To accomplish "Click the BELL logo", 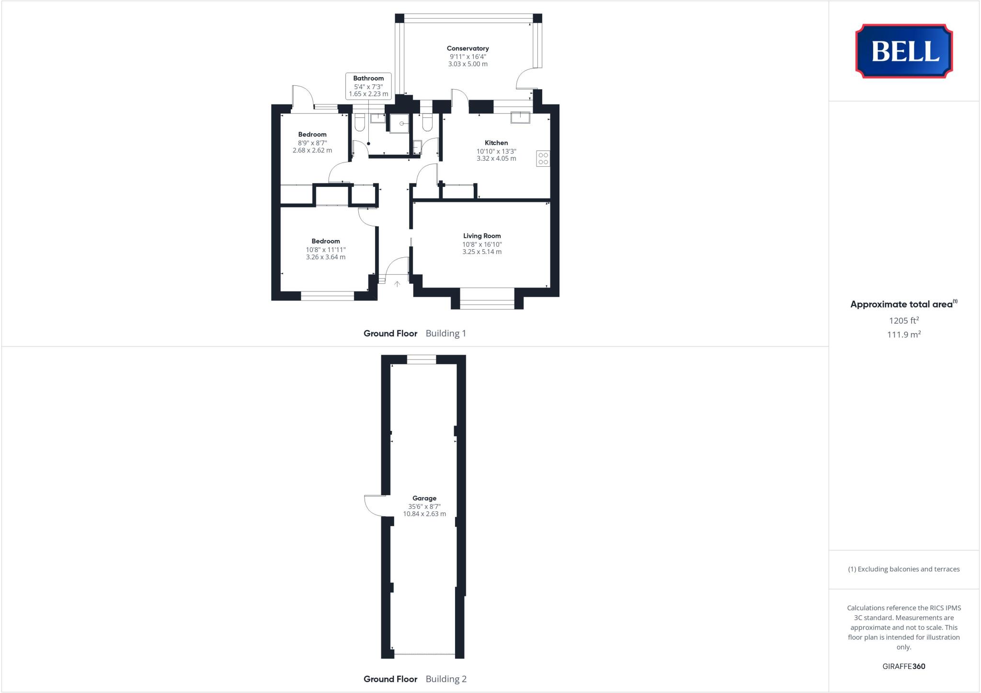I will point(904,51).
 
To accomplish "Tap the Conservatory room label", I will point(468,48).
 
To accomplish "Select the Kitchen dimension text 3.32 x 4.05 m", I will point(496,159).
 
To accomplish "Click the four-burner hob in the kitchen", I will point(543,159).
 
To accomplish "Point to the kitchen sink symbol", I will point(520,117).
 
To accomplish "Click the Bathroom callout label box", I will point(368,86).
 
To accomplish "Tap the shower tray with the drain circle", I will point(399,123).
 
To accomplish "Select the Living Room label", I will point(482,236).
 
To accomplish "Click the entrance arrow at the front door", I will point(397,284).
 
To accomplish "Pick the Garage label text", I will point(424,498).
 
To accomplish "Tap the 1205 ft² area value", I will point(904,321).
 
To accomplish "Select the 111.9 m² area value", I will point(904,335).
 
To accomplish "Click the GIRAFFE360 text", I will point(904,666).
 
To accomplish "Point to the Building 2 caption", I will point(446,679).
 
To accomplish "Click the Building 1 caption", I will point(446,334).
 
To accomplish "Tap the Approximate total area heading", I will point(902,304).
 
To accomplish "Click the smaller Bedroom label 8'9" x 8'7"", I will point(312,142).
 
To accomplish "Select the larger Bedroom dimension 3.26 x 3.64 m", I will point(326,257).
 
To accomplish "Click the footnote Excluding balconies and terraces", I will point(904,569).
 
